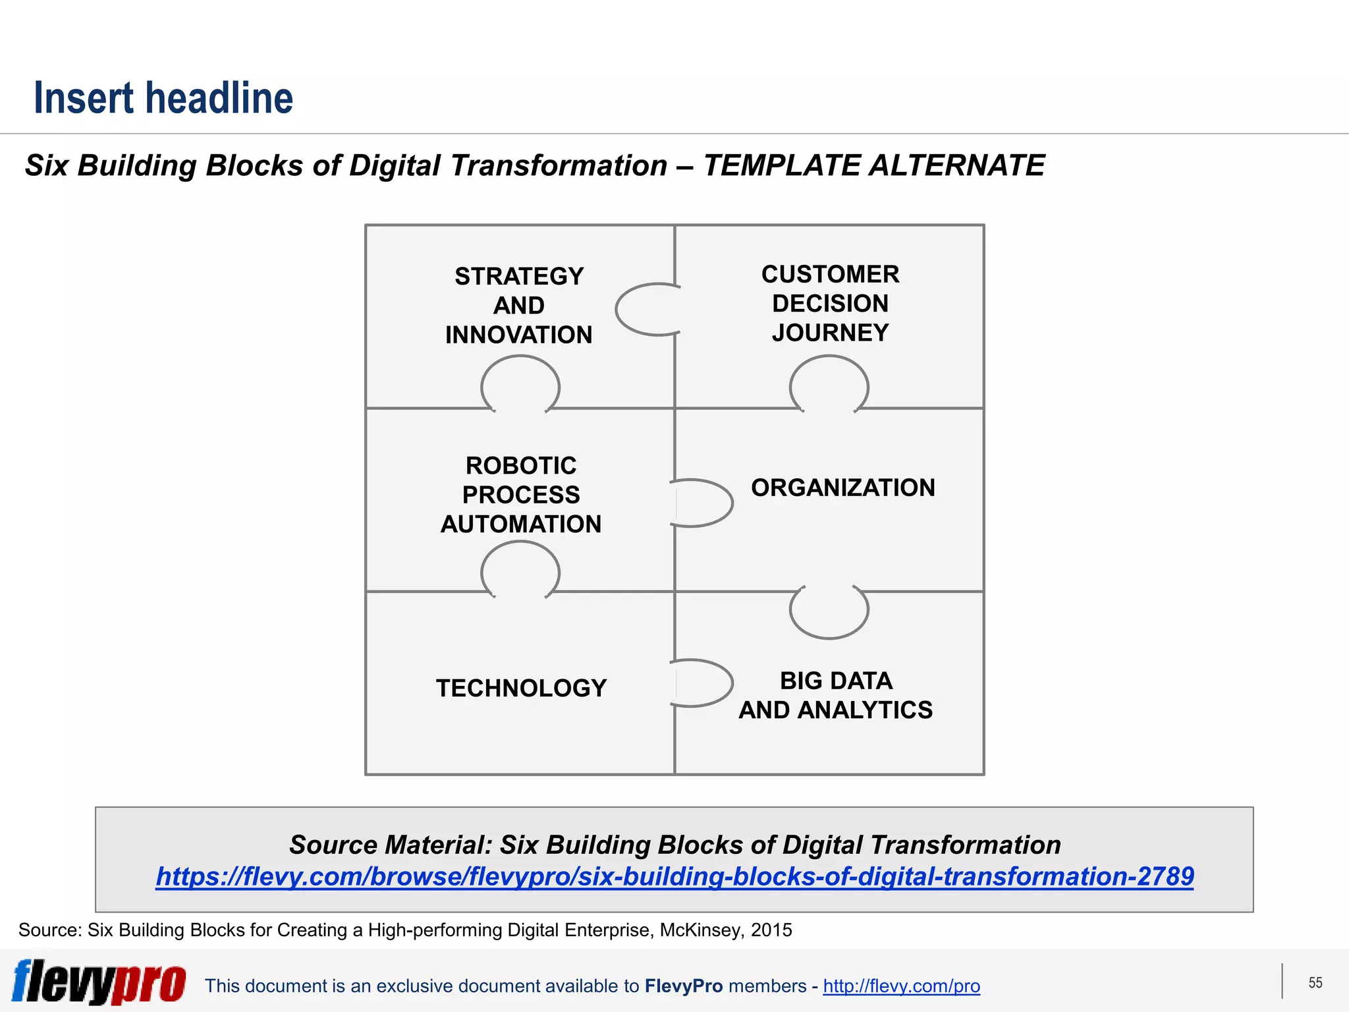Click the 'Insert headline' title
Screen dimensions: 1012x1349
click(x=163, y=98)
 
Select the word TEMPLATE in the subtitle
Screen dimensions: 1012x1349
click(x=781, y=165)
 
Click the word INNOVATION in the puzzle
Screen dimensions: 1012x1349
click(x=519, y=335)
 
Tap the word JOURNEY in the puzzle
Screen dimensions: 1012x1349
click(x=830, y=333)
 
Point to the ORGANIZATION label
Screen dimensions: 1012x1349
click(x=842, y=488)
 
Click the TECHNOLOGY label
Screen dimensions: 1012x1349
click(x=521, y=688)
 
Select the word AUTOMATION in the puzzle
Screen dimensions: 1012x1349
click(x=520, y=524)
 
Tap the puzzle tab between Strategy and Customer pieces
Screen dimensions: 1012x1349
click(x=646, y=309)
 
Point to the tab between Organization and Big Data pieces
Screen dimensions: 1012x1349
click(x=829, y=611)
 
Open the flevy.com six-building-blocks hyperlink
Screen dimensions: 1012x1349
click(x=674, y=877)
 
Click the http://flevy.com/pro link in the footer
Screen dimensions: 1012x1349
click(x=901, y=986)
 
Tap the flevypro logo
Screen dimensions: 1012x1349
click(x=99, y=982)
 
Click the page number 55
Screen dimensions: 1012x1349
click(x=1315, y=983)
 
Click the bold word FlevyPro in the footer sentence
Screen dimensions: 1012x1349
click(x=684, y=986)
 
